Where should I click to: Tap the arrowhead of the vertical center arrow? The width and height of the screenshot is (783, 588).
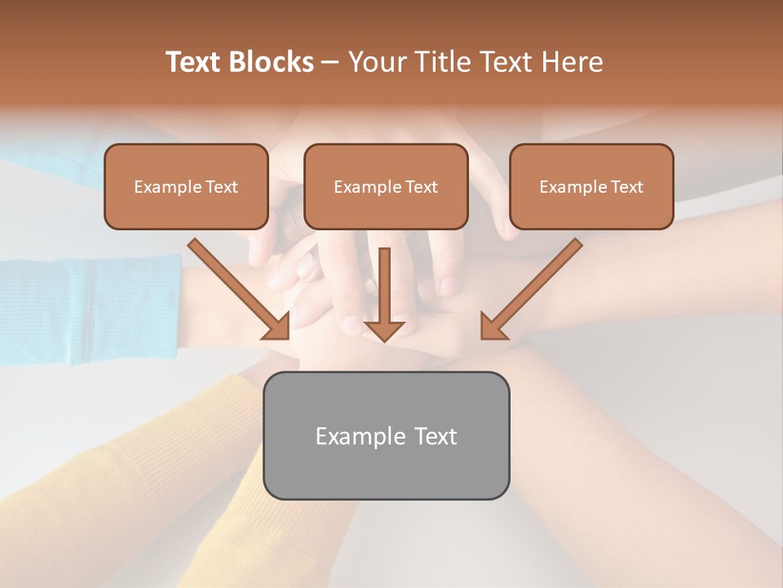click(x=384, y=330)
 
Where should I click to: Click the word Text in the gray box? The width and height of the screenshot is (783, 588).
click(x=435, y=436)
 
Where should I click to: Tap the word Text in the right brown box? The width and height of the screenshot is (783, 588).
click(x=626, y=187)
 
